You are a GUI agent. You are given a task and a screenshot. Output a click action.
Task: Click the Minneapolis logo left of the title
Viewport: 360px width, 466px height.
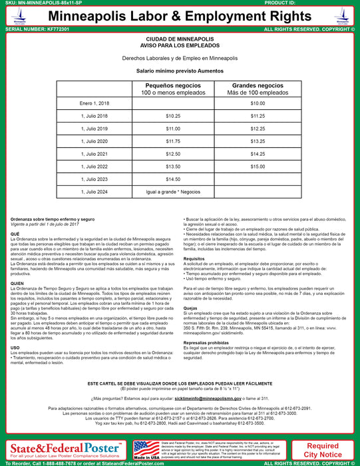tap(15, 14)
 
